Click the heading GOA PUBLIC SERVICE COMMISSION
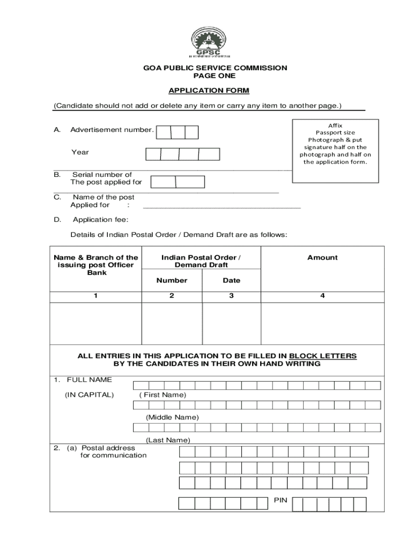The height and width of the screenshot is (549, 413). click(x=206, y=68)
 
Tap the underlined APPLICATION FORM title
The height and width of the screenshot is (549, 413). click(x=206, y=90)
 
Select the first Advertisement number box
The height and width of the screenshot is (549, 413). click(x=164, y=132)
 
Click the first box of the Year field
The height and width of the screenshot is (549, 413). click(x=153, y=154)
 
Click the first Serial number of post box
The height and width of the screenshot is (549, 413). click(x=163, y=182)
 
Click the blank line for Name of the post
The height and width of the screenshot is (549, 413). click(x=222, y=206)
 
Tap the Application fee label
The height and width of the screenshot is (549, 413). click(x=100, y=220)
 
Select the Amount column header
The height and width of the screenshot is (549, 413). click(x=322, y=257)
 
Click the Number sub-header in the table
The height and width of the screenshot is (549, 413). click(x=172, y=280)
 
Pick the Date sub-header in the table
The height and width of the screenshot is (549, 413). click(x=231, y=280)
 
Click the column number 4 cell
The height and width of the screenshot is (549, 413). click(x=322, y=295)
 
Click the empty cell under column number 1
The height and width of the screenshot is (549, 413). click(x=95, y=323)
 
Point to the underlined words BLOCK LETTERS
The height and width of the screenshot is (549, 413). click(x=322, y=356)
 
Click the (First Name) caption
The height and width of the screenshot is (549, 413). click(x=163, y=395)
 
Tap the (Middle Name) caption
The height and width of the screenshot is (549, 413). click(x=172, y=417)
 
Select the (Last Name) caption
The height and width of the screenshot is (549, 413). click(x=168, y=440)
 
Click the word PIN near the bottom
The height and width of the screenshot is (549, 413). click(x=281, y=500)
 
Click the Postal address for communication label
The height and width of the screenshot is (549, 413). click(x=107, y=451)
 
